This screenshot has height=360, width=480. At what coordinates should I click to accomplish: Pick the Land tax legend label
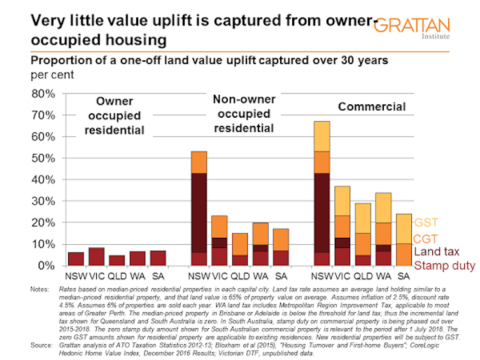click(436, 252)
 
